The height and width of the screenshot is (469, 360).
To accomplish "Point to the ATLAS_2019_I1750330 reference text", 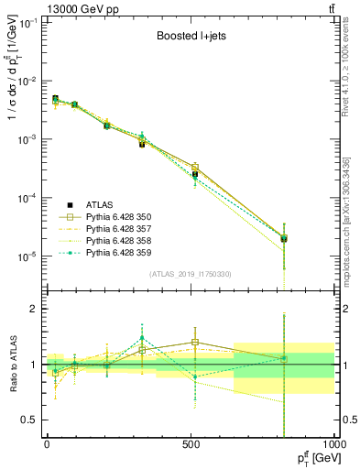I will click(191, 274).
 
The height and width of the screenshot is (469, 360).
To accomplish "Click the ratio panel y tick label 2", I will click(34, 310).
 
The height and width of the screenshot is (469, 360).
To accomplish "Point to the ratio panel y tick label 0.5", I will click(29, 420).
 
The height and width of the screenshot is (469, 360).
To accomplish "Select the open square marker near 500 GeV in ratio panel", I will click(194, 343).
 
